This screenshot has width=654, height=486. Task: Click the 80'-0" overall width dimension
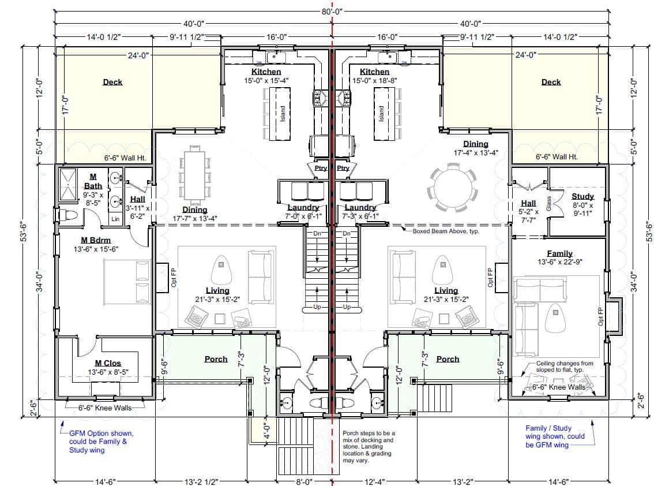[332, 12]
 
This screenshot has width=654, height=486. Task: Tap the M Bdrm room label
[96, 240]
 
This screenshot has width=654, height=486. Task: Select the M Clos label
[108, 363]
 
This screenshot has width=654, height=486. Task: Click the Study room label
[582, 196]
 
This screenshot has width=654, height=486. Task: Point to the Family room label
[560, 253]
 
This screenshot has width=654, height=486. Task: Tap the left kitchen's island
[280, 114]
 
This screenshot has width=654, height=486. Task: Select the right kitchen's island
[384, 114]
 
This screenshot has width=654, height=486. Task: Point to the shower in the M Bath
[67, 185]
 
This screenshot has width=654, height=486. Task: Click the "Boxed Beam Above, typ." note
[446, 231]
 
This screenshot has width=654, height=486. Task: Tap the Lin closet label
[115, 219]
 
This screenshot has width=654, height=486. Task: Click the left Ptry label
[321, 168]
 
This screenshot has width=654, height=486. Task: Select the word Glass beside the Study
[549, 203]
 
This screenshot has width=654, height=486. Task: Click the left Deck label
[112, 82]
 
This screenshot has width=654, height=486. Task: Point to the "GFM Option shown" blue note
[102, 433]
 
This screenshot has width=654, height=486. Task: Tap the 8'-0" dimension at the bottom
[304, 482]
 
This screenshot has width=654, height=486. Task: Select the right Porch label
[448, 359]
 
